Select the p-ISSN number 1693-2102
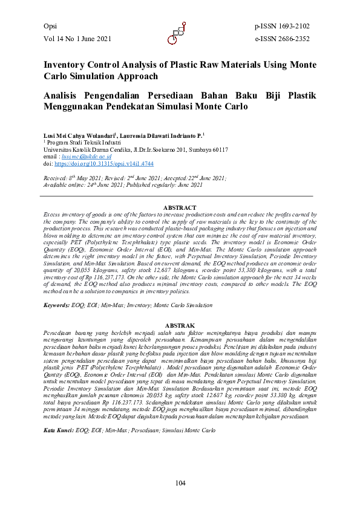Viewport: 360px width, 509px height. pos(293,27)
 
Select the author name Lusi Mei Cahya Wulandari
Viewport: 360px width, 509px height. pos(79,136)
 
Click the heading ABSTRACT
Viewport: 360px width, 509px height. pos(180,209)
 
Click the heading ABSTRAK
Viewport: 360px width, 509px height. pos(180,325)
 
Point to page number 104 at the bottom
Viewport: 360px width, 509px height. pos(180,482)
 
